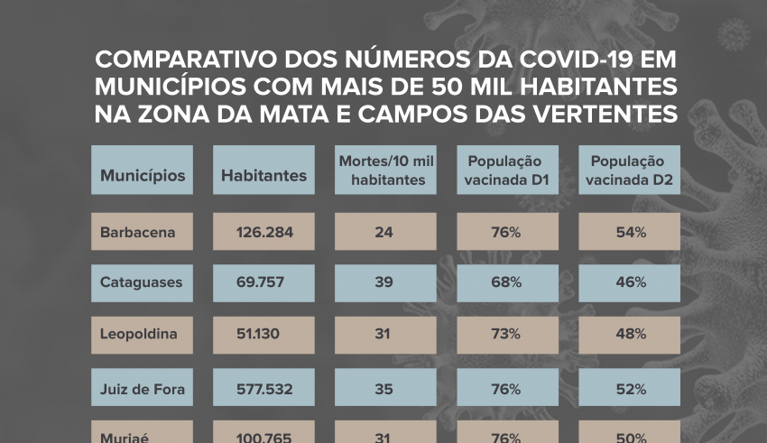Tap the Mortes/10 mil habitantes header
(386, 171)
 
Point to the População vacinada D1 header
(507, 171)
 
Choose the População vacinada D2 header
(630, 171)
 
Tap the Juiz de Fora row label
(143, 389)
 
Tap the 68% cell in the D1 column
(507, 282)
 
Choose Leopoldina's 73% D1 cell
(507, 334)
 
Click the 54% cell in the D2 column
(630, 232)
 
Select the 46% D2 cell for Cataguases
(630, 282)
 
